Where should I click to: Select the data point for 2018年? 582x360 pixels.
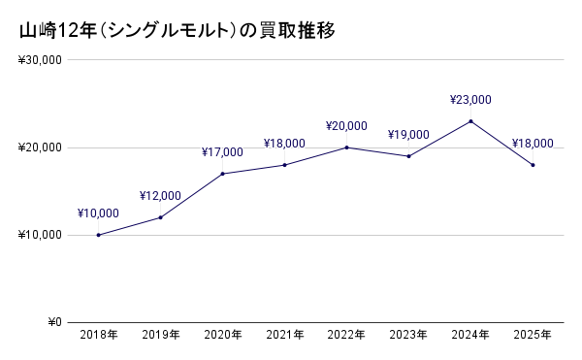pyautogui.click(x=99, y=235)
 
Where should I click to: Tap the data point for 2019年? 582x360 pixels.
pyautogui.click(x=161, y=217)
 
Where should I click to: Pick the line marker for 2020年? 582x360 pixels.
pyautogui.click(x=223, y=174)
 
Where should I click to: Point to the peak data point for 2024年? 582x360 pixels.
pyautogui.click(x=470, y=121)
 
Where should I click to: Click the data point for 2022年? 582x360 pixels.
pyautogui.click(x=346, y=147)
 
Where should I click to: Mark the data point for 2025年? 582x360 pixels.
pyautogui.click(x=533, y=165)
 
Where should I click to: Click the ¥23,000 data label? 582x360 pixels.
pyautogui.click(x=470, y=99)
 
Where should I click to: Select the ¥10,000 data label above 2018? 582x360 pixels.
pyautogui.click(x=99, y=213)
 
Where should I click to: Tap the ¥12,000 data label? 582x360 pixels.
pyautogui.click(x=161, y=196)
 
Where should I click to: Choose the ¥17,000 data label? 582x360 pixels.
pyautogui.click(x=223, y=152)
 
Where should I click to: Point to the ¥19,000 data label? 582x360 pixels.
pyautogui.click(x=408, y=135)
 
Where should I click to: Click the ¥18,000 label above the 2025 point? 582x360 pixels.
pyautogui.click(x=533, y=144)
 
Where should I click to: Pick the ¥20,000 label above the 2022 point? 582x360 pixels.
pyautogui.click(x=346, y=126)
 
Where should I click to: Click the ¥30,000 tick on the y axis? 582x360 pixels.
pyautogui.click(x=40, y=60)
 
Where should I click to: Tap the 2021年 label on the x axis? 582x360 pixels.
pyautogui.click(x=284, y=336)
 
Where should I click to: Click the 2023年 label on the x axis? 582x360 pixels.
pyautogui.click(x=408, y=336)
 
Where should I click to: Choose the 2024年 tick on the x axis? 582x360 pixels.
pyautogui.click(x=470, y=336)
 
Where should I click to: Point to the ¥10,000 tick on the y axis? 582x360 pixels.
pyautogui.click(x=40, y=236)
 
